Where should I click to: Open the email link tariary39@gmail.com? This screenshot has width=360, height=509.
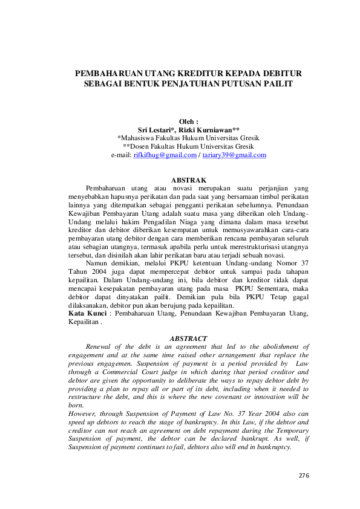pyautogui.click(x=234, y=155)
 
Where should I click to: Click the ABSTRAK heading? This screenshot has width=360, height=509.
pyautogui.click(x=189, y=180)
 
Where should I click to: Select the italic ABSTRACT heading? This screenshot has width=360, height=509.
pyautogui.click(x=189, y=339)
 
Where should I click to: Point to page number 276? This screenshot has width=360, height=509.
pyautogui.click(x=304, y=476)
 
